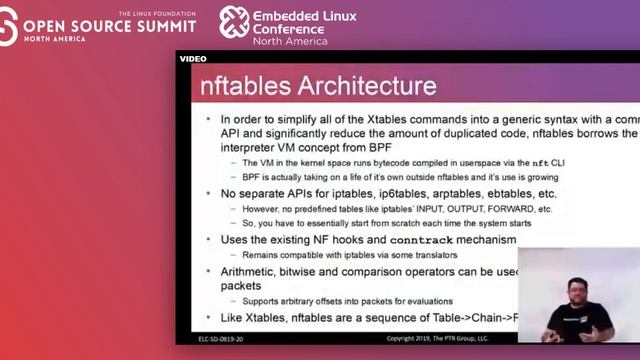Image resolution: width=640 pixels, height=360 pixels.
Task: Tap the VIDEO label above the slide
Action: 193,58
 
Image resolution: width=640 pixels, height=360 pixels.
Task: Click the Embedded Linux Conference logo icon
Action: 234,22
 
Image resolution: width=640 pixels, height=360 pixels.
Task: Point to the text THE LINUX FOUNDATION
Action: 153,13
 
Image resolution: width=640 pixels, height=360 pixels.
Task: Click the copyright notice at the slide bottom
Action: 439,338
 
